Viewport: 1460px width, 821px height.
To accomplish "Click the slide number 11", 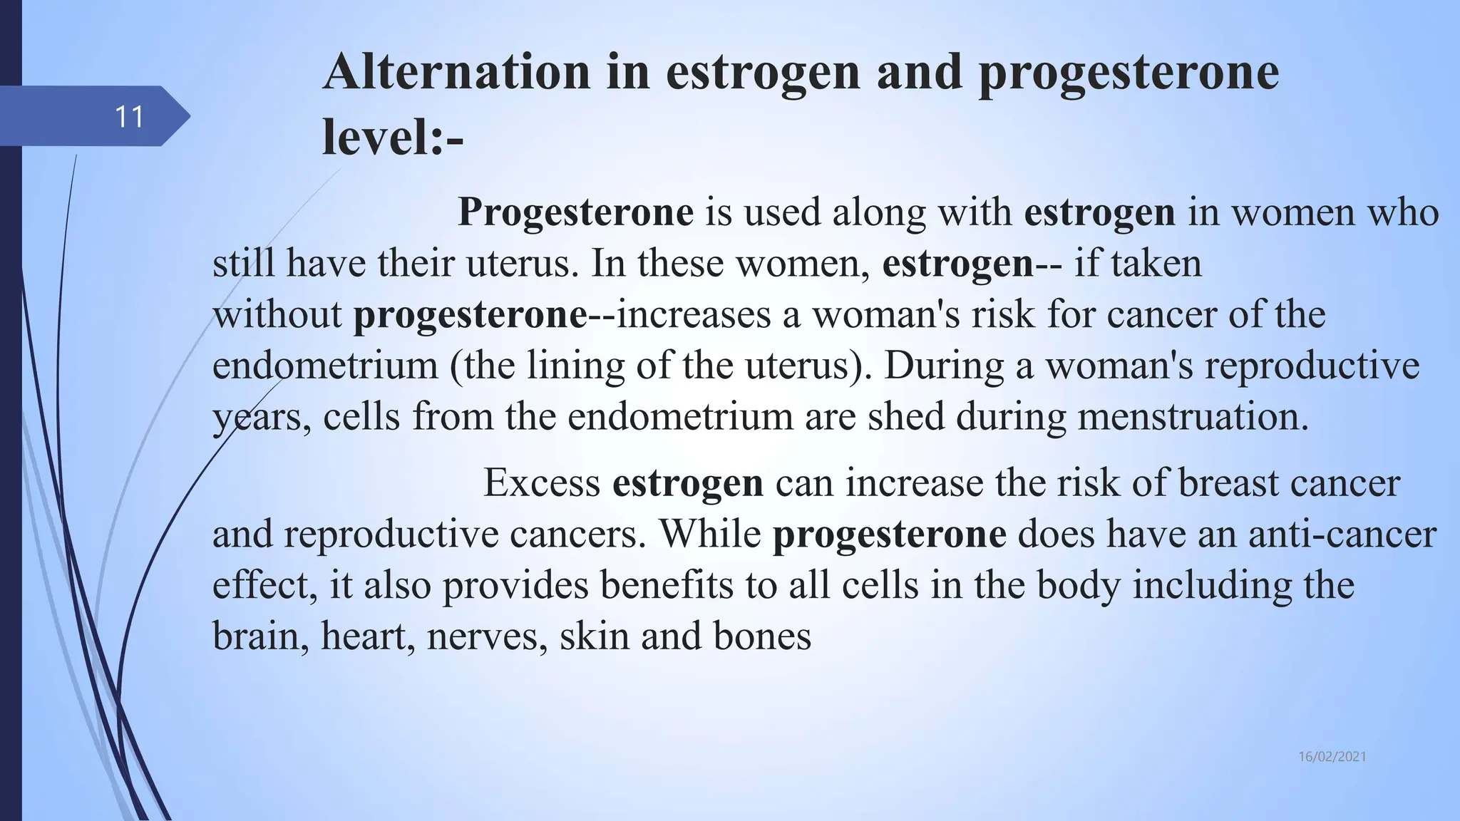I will [129, 117].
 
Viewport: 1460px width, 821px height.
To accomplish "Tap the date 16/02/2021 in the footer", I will [1332, 757].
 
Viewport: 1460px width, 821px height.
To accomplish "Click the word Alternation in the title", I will [456, 72].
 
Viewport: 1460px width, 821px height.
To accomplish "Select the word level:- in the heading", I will [393, 137].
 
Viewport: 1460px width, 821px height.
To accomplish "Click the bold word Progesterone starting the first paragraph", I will [575, 212].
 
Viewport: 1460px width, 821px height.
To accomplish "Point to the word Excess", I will [542, 483].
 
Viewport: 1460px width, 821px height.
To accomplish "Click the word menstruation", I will [1193, 416].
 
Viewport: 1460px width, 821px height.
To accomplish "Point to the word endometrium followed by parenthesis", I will [325, 366].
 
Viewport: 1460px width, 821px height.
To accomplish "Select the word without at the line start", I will [277, 314].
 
